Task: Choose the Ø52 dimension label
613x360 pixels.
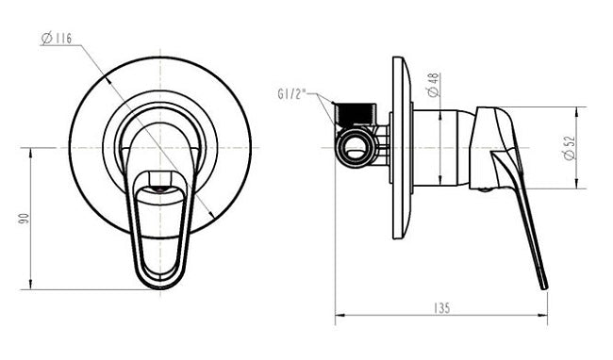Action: pos(571,147)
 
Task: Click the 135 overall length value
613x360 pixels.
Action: pos(441,308)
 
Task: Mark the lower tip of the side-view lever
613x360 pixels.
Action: pos(543,286)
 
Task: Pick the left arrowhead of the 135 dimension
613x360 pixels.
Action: pos(340,317)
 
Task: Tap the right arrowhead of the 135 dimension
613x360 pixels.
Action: pos(544,317)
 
